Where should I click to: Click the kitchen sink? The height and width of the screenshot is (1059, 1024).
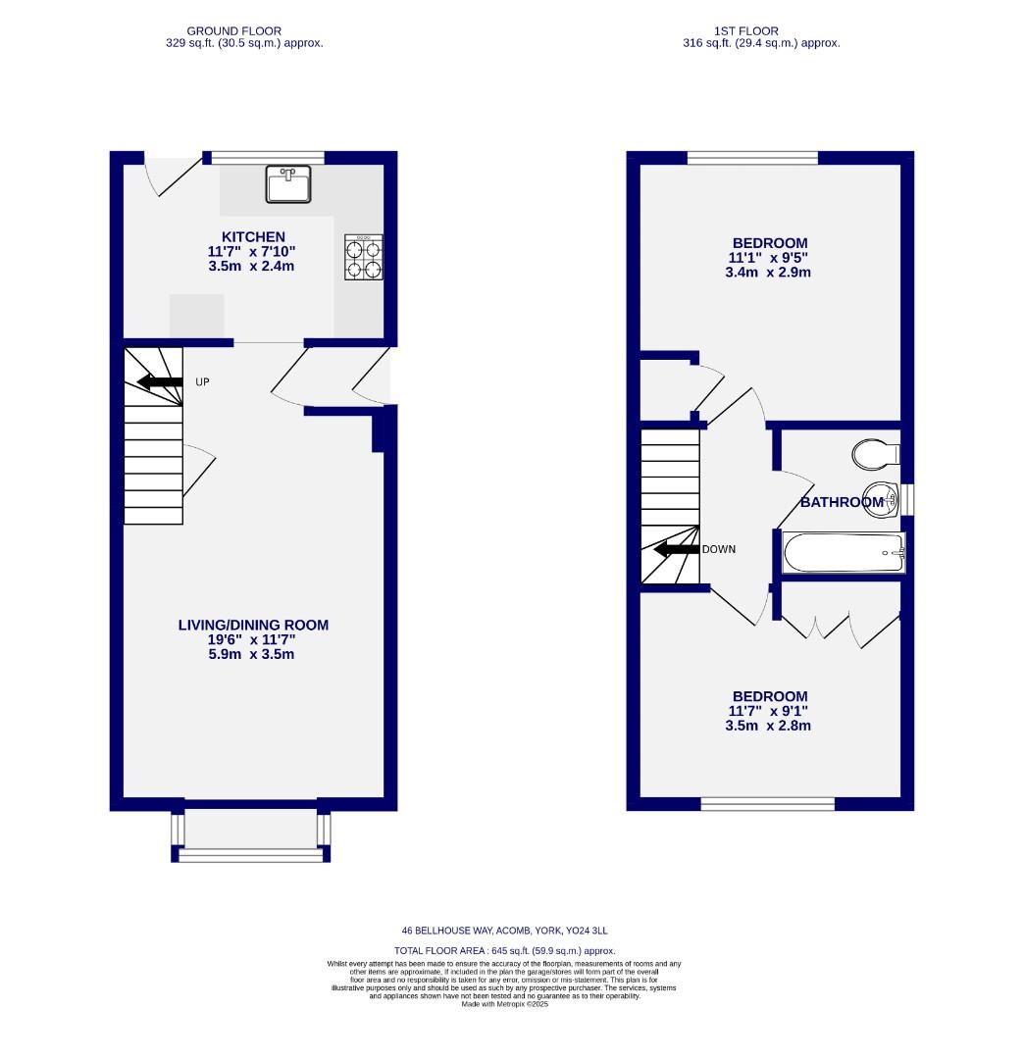coord(288,184)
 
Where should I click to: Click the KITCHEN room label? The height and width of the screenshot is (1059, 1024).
coord(253,236)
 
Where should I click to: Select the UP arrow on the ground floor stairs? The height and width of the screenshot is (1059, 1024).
coord(160,381)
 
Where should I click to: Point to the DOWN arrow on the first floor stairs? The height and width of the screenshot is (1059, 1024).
coord(676,549)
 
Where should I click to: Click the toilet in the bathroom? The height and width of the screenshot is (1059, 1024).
coord(876,454)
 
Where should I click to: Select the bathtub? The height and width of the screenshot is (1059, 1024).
coord(843,553)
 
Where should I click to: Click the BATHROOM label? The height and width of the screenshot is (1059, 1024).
coord(842,503)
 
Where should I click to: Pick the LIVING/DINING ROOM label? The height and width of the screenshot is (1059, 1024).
coord(253,625)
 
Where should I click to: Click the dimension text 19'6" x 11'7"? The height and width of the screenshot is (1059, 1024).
coord(253,639)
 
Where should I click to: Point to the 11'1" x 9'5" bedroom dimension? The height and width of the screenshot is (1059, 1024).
coord(770,258)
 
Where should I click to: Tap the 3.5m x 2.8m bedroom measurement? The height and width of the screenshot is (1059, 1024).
coord(770,726)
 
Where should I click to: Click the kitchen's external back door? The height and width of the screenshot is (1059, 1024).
coord(163,176)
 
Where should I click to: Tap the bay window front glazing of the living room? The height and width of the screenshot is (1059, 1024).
coord(251,856)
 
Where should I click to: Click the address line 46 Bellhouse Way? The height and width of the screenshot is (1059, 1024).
coord(511,931)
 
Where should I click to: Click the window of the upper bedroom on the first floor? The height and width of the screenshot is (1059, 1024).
coord(752,157)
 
